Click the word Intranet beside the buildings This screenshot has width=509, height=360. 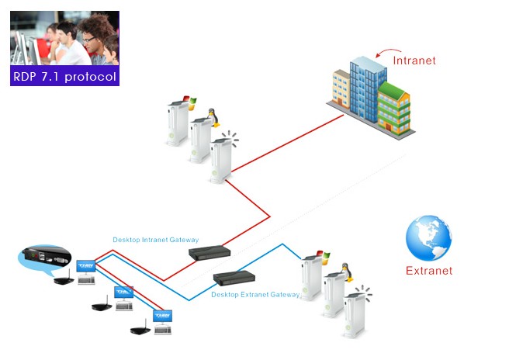(414, 61)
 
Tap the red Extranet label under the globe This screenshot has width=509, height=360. (429, 271)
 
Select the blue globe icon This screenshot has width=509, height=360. (428, 238)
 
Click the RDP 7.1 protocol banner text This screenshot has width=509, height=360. (64, 77)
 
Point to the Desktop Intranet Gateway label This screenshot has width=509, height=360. (155, 240)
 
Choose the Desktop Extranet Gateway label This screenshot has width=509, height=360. (255, 294)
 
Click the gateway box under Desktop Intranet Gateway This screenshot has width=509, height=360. (209, 253)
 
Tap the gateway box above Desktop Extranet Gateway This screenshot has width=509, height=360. (234, 278)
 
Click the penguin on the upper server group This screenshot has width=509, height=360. (213, 117)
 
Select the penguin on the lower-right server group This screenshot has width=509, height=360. (347, 272)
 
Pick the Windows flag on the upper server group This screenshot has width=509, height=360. (192, 102)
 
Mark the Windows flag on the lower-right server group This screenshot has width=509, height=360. (324, 257)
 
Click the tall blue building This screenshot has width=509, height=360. (368, 88)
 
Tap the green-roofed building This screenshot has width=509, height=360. (393, 109)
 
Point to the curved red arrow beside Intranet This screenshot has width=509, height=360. (388, 52)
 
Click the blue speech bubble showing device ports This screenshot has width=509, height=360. (45, 258)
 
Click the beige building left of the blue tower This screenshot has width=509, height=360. (341, 88)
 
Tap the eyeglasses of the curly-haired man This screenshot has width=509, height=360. (88, 40)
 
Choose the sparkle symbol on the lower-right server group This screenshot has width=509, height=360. (364, 293)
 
